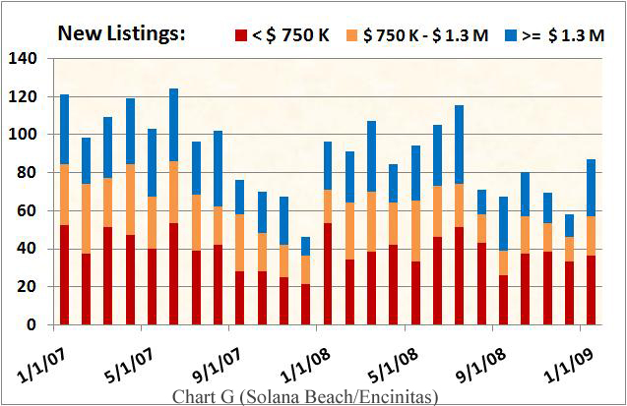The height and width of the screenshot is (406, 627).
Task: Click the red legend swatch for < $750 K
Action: pyautogui.click(x=240, y=35)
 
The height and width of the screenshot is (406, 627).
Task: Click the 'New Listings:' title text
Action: pyautogui.click(x=121, y=33)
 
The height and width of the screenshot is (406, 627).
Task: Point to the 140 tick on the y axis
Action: pyautogui.click(x=23, y=59)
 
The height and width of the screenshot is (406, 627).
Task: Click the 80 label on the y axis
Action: pyautogui.click(x=27, y=173)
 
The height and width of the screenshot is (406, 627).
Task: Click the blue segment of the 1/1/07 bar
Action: pyautogui.click(x=64, y=129)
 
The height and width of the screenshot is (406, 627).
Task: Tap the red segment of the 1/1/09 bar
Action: pyautogui.click(x=591, y=290)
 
